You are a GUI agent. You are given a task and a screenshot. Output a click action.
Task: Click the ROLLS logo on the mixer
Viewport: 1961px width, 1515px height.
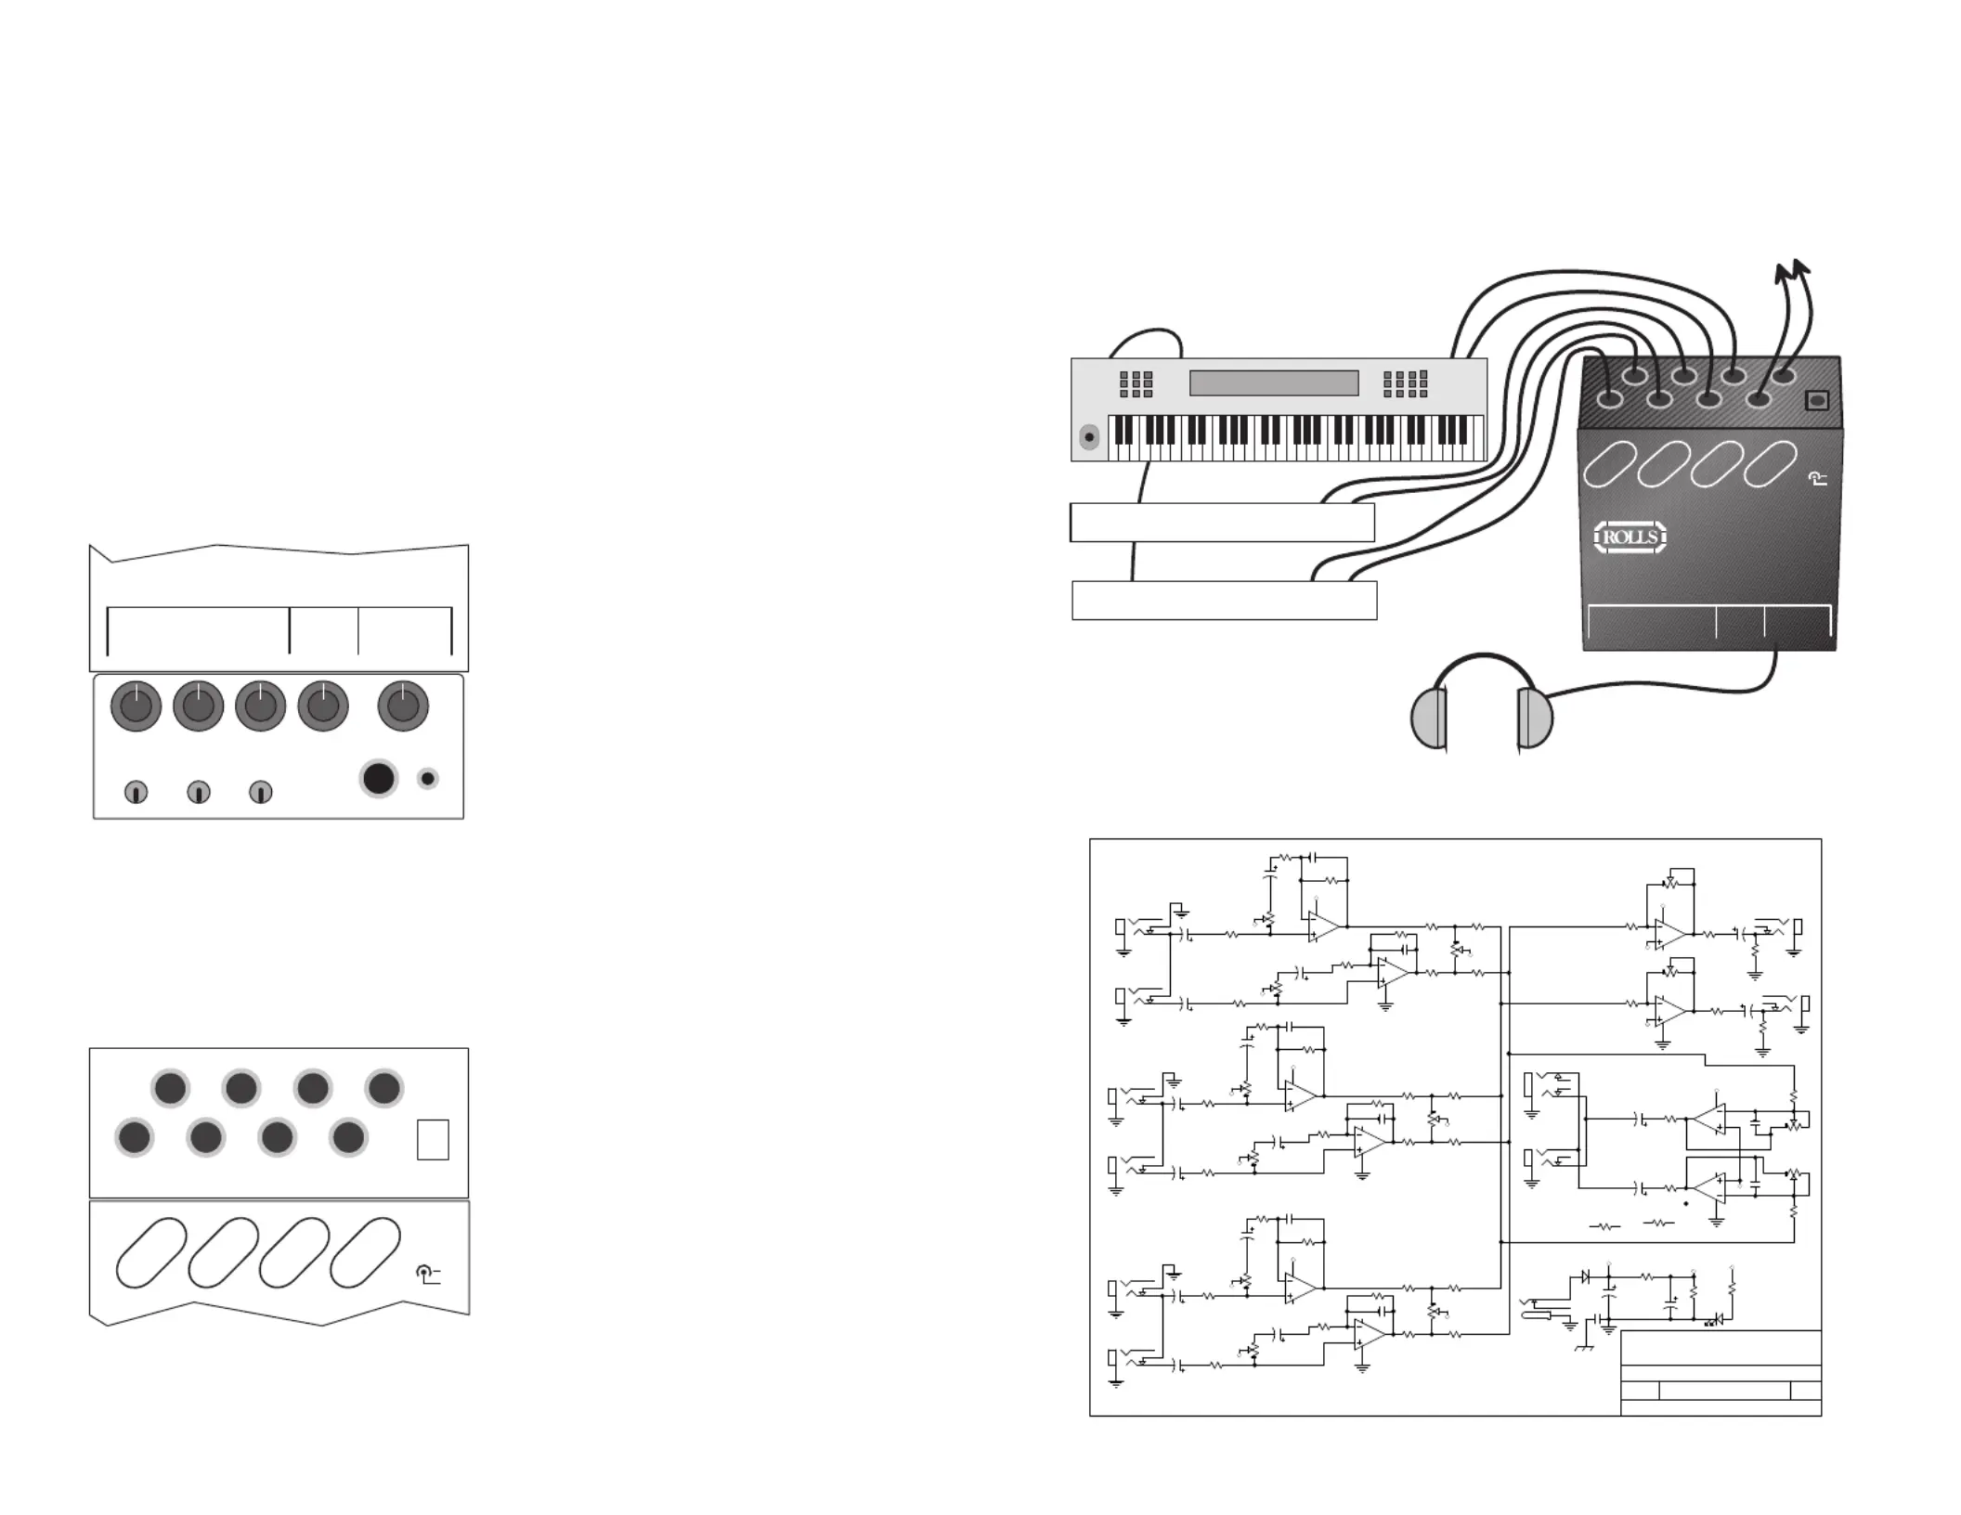coord(1630,537)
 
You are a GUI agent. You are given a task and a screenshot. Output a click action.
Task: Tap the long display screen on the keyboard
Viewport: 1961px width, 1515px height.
coord(1274,382)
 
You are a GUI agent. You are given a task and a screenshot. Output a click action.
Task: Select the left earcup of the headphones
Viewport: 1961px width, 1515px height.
coord(1429,719)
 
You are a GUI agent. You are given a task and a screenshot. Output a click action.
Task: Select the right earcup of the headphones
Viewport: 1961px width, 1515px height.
coord(1535,719)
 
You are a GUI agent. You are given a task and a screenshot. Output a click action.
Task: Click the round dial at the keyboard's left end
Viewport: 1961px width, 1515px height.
coord(1089,436)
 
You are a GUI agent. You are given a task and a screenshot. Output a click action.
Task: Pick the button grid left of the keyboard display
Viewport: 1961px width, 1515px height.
coord(1136,384)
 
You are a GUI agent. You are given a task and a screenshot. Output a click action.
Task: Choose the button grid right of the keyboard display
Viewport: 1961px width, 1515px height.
coord(1405,384)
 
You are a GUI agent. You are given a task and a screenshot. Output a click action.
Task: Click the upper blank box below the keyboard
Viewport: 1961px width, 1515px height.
coord(1222,523)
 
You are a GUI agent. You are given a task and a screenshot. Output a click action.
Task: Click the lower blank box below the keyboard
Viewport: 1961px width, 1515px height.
coord(1225,601)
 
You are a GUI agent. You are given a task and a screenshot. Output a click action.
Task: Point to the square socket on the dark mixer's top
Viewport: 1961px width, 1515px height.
coord(1817,400)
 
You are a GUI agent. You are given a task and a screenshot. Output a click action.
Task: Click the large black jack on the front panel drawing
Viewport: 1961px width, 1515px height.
coord(378,779)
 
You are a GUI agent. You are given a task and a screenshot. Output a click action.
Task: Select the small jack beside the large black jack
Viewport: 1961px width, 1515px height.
coord(427,779)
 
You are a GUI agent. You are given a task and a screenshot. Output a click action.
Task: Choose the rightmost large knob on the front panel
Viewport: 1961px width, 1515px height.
coord(403,706)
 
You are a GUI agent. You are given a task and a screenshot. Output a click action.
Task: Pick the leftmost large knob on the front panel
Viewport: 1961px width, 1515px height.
coord(136,706)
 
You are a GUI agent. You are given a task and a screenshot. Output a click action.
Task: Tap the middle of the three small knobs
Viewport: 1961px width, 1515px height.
coord(199,792)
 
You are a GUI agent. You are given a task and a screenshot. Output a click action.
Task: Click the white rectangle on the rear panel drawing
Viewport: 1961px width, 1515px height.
coord(433,1140)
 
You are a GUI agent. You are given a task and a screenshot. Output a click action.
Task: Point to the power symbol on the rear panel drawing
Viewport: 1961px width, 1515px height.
coord(427,1275)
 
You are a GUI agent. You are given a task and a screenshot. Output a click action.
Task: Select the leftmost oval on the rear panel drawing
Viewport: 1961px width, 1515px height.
coord(151,1252)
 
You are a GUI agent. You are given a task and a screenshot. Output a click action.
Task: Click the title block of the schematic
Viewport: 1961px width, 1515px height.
coord(1721,1373)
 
